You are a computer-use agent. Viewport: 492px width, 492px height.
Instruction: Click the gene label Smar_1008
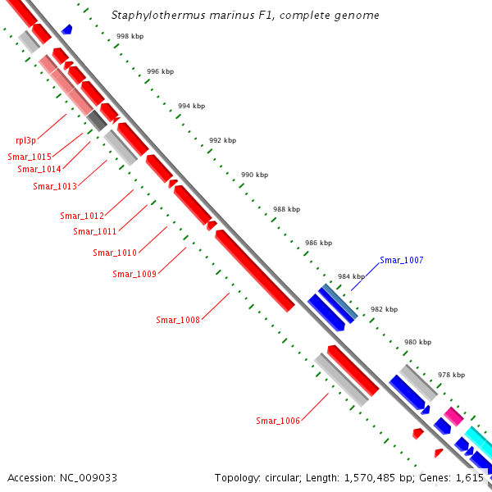pos(177,320)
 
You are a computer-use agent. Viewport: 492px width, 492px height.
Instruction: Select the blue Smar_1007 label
pos(401,260)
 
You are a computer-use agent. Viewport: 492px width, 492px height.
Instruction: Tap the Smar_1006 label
pos(277,421)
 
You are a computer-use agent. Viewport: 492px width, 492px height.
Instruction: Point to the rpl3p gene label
pos(25,140)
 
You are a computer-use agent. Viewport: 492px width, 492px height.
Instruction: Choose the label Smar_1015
pos(30,157)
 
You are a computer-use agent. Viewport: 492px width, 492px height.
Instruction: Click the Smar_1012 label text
pos(82,216)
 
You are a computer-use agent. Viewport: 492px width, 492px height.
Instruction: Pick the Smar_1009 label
pos(134,274)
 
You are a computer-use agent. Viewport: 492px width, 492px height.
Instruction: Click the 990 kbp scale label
pos(254,175)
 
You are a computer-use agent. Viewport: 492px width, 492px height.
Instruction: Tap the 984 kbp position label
pos(350,276)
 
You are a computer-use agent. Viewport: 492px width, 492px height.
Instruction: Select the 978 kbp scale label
pos(451,375)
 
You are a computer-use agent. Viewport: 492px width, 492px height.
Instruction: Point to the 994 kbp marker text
pos(191,107)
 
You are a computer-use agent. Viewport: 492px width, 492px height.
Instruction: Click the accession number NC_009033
pos(88,477)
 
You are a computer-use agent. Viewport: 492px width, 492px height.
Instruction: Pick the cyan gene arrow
pos(480,443)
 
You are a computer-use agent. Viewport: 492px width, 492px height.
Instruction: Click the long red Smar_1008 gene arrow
pos(254,271)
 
